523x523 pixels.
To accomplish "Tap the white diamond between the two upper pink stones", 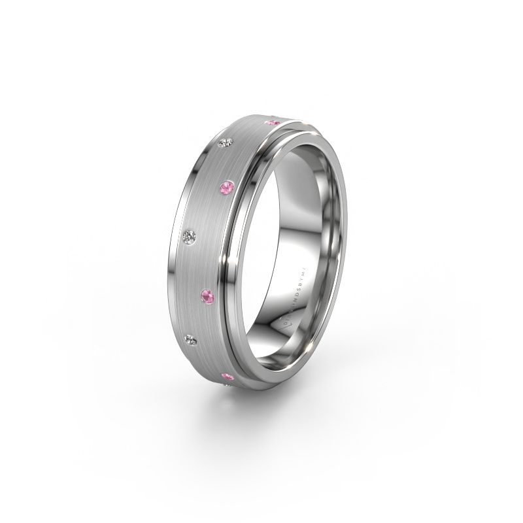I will point(228,143).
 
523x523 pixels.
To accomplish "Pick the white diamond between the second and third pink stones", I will point(191,236).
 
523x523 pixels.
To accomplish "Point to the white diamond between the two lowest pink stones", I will point(192,338).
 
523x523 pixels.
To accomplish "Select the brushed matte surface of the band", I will point(216,248).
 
